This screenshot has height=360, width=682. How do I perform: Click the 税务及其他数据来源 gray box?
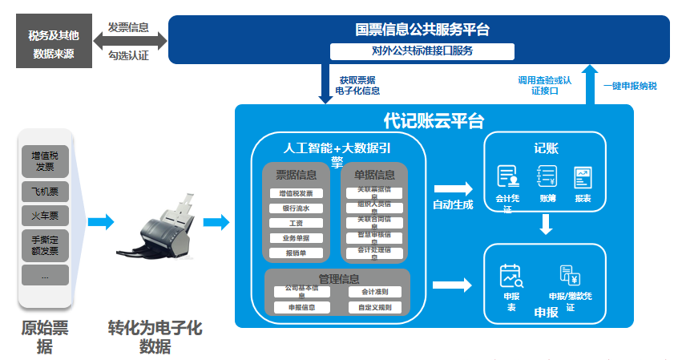54,44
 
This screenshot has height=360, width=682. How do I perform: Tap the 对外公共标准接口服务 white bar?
422,51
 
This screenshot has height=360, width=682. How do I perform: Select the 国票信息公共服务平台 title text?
422,30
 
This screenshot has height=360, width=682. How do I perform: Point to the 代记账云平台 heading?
434,121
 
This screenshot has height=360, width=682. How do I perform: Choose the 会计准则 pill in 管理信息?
375,292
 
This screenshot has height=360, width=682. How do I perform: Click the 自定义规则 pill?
375,307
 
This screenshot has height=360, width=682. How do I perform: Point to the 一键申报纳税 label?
630,86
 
